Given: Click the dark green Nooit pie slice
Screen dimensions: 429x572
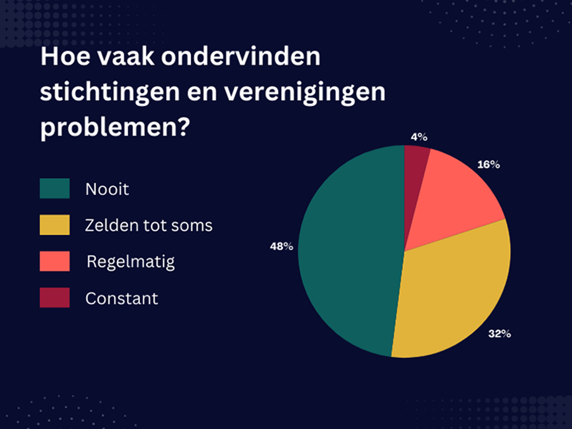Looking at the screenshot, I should (x=348, y=253).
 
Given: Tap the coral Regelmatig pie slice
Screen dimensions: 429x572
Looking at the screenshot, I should (x=453, y=200).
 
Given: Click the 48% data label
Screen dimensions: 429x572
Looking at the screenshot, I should (x=281, y=247).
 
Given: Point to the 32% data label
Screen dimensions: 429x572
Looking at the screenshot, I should (x=499, y=334).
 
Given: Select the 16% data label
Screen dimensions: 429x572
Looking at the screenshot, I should (x=489, y=165).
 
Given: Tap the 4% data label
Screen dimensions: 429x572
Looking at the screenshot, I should (x=419, y=137).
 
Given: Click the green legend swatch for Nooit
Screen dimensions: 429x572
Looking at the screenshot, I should (x=55, y=188).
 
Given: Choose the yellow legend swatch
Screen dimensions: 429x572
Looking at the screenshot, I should (x=55, y=225).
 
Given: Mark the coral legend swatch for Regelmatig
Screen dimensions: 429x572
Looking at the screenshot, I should (x=55, y=261).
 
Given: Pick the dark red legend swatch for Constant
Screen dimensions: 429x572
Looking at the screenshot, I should (x=55, y=298).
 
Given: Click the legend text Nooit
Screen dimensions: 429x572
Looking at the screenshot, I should (x=107, y=189).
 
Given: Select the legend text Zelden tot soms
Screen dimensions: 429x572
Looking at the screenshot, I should (x=149, y=225).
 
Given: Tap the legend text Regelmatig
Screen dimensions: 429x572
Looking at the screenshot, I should (x=131, y=262).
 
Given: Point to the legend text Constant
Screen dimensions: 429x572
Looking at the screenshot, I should (x=122, y=298).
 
